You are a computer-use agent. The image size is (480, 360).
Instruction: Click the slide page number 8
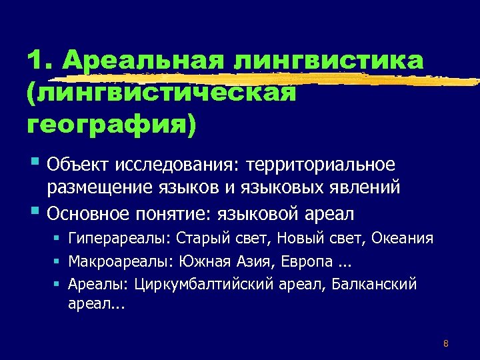(x=445, y=344)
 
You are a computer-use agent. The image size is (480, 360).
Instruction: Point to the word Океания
(x=403, y=239)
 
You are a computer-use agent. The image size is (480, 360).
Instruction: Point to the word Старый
(x=200, y=239)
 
